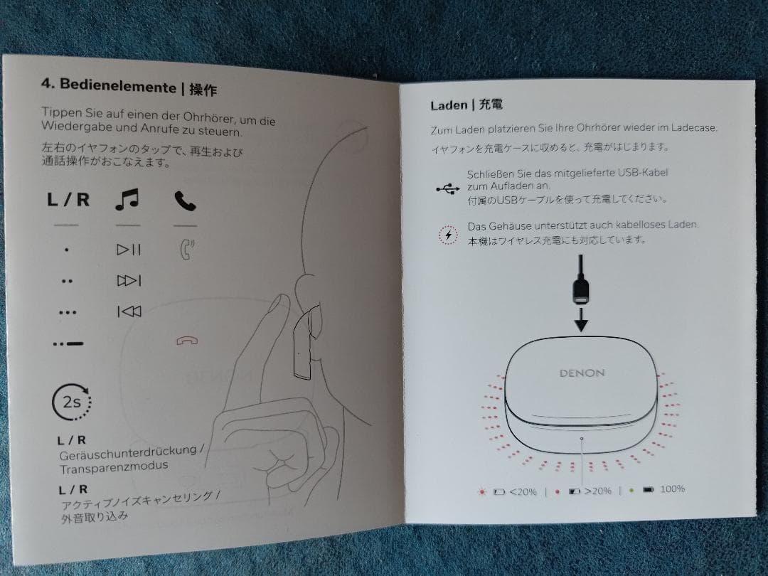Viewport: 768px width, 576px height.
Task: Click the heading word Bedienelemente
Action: coord(117,85)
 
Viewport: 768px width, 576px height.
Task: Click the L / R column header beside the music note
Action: coord(68,199)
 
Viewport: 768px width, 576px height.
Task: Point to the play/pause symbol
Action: coord(129,250)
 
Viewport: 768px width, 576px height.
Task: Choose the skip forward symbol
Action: coord(129,281)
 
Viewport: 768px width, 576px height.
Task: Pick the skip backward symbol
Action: coord(129,311)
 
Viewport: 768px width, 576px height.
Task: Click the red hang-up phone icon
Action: coord(187,341)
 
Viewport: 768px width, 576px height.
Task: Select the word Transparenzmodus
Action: coord(114,466)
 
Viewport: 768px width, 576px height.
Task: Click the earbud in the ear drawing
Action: coord(301,342)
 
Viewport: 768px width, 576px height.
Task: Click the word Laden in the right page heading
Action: coord(448,105)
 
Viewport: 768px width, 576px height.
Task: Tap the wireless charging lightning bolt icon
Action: coord(447,235)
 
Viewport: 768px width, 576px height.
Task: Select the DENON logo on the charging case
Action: coord(582,373)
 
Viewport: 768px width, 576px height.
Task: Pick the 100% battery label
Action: coord(672,489)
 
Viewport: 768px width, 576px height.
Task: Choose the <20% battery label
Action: coord(523,491)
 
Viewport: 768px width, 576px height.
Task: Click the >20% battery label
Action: coord(597,491)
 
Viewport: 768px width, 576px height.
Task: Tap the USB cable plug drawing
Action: coord(581,287)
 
